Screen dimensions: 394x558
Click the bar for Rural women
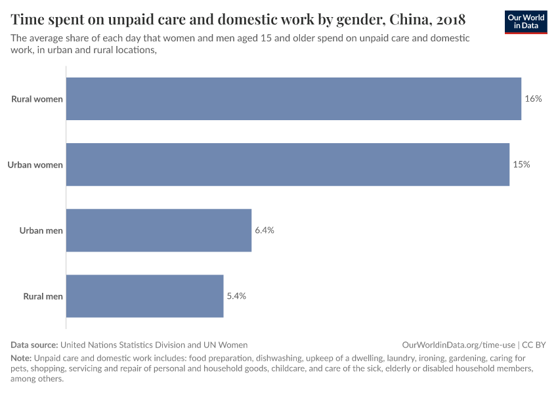coord(293,99)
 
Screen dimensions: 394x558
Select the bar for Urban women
coord(288,165)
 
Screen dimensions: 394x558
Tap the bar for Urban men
coord(159,230)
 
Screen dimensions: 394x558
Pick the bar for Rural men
coord(145,296)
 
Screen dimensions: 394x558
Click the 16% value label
coord(533,99)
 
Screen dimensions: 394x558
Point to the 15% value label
coord(521,165)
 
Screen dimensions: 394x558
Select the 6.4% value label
coord(265,230)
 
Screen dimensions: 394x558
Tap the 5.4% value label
coord(236,296)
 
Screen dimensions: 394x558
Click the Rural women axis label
coord(37,99)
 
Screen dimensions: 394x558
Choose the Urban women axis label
coord(35,165)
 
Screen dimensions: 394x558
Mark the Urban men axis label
coord(41,230)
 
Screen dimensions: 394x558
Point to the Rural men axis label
coord(43,296)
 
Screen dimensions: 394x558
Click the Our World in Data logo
coord(526,22)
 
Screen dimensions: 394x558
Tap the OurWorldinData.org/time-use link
coord(458,345)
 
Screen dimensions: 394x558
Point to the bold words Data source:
coord(34,345)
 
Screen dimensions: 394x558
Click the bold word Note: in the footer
coord(21,359)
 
